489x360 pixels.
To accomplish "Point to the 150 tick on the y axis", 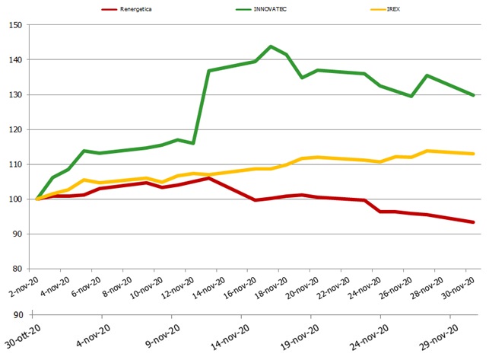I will pyautogui.click(x=14, y=25).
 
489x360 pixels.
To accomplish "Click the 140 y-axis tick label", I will pyautogui.click(x=14, y=60).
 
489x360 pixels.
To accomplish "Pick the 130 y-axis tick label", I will pyautogui.click(x=14, y=95).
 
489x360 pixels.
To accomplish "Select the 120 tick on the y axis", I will pyautogui.click(x=14, y=129).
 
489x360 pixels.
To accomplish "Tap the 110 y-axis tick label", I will pyautogui.click(x=14, y=164).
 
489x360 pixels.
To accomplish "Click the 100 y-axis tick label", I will pyautogui.click(x=14, y=199).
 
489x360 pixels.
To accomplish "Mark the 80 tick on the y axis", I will pyautogui.click(x=17, y=269).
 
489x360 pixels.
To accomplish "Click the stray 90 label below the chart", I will pyautogui.click(x=17, y=314).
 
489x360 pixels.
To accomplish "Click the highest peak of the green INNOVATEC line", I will pyautogui.click(x=271, y=46).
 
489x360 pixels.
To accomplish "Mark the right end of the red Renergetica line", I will pyautogui.click(x=474, y=222).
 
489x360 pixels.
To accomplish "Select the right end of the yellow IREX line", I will pyautogui.click(x=474, y=154).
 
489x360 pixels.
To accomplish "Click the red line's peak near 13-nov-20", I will pyautogui.click(x=208, y=178).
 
